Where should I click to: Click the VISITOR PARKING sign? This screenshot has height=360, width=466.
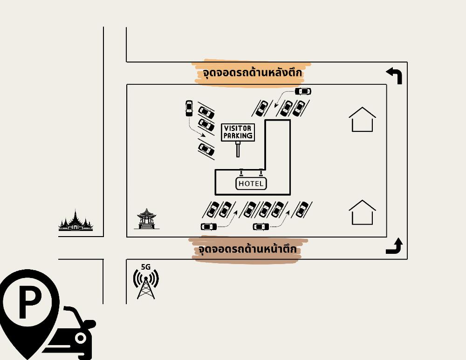238,133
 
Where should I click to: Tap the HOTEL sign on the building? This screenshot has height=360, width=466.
251,183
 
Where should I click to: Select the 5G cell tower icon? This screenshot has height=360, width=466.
146,284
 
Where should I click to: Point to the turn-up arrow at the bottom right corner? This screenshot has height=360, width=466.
394,246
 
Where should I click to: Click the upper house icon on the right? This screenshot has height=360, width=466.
362,120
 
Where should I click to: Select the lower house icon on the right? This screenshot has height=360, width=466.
362,213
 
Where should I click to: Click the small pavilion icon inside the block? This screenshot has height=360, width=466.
147,219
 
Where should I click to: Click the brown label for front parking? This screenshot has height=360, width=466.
247,250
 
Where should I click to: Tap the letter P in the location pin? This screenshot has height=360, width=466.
29,303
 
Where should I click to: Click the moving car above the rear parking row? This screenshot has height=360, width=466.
303,91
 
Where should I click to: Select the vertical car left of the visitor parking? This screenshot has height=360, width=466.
189,108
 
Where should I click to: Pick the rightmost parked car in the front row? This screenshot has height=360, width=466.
302,210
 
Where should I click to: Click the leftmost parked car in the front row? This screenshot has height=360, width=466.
213,210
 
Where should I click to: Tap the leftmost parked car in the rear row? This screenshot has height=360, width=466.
262,108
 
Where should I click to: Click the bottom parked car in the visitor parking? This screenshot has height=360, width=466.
206,149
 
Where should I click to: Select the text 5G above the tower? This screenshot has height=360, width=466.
146,267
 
